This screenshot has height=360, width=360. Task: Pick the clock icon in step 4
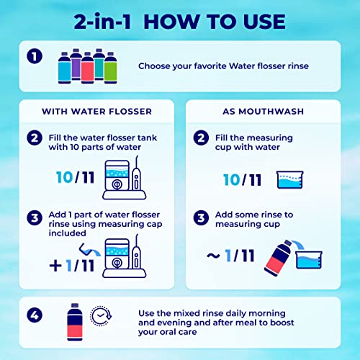click(x=101, y=316)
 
